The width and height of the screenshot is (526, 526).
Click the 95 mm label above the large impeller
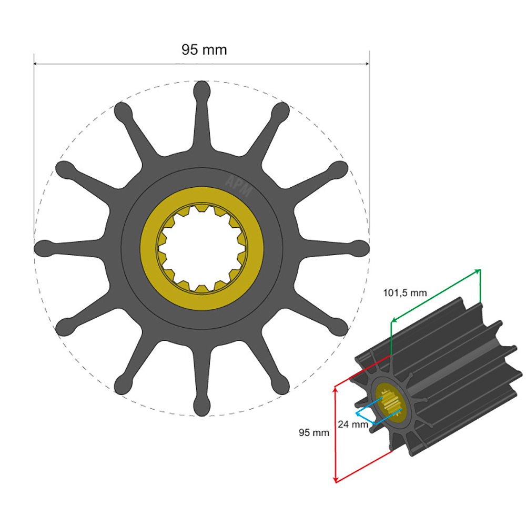coord(204,50)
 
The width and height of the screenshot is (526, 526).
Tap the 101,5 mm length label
coord(404,293)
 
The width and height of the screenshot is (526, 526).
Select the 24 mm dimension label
coord(353,424)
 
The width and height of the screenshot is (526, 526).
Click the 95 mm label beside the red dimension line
coord(314,433)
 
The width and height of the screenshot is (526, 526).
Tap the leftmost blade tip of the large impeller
coord(43,248)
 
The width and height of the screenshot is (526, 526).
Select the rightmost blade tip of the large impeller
coord(361,248)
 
